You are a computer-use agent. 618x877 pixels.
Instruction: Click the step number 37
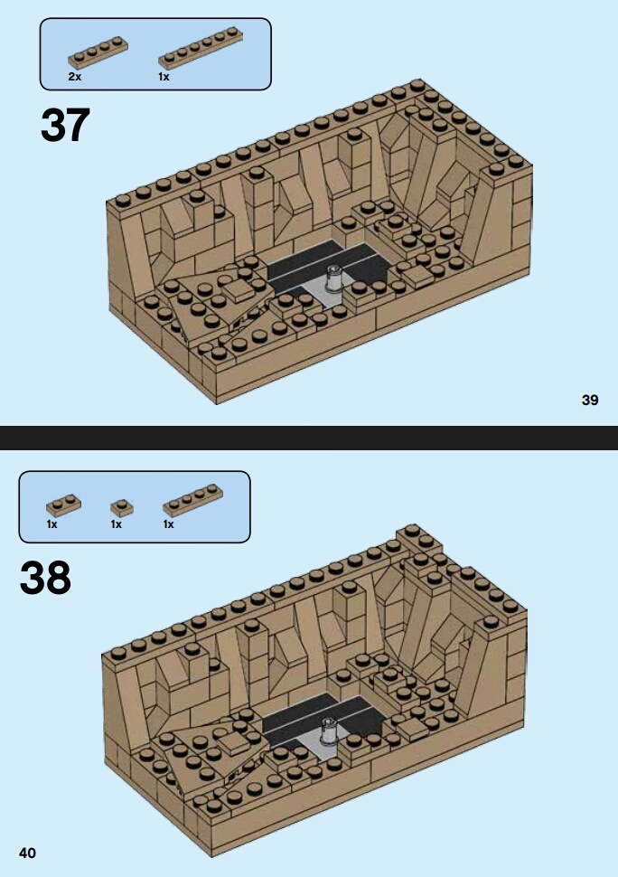(x=65, y=125)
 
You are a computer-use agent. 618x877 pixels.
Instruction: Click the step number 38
(x=45, y=578)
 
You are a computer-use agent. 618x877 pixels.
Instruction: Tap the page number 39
(x=590, y=400)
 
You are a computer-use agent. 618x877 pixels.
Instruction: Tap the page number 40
(x=27, y=853)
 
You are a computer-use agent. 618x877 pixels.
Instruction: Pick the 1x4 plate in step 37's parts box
(x=98, y=52)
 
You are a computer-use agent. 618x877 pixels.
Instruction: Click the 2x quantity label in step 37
(x=75, y=77)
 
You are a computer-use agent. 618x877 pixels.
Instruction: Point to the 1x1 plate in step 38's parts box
(x=122, y=508)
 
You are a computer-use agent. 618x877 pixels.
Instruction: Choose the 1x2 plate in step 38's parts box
(x=64, y=505)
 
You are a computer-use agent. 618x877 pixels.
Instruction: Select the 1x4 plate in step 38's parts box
(x=192, y=500)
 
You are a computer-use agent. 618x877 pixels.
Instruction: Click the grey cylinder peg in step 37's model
(x=334, y=279)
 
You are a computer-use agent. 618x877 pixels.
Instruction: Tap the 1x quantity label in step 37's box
(x=164, y=77)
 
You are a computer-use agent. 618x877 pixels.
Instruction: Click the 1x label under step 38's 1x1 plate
(x=117, y=524)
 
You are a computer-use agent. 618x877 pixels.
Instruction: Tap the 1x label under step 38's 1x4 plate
(x=169, y=524)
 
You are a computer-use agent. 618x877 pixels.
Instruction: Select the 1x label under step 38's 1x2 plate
(x=52, y=524)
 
